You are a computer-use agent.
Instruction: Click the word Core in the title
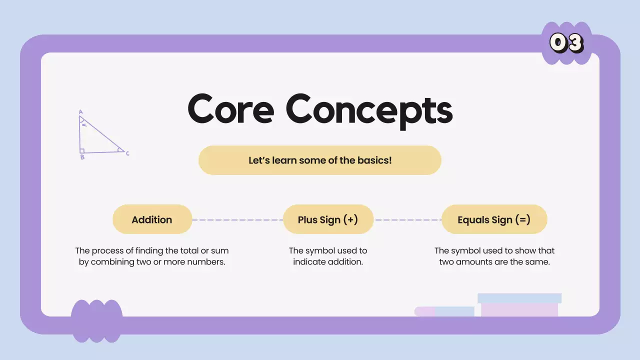coord(230,109)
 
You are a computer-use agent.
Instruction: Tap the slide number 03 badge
coord(566,43)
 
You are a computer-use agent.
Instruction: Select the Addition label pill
coord(152,219)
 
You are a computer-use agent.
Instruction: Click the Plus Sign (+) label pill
coord(328,219)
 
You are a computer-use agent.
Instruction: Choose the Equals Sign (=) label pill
coord(494,219)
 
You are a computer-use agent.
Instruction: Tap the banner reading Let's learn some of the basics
coord(320,160)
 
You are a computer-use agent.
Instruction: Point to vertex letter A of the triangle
coord(80,112)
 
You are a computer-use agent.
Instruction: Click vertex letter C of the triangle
coord(127,153)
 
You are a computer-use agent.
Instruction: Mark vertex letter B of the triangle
coord(82,157)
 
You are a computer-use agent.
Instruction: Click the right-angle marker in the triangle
coord(82,150)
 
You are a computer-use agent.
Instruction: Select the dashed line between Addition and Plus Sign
coord(237,219)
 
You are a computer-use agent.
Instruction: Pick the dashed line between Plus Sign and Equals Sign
coord(407,219)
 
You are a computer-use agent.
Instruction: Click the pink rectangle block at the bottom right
coord(519,309)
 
